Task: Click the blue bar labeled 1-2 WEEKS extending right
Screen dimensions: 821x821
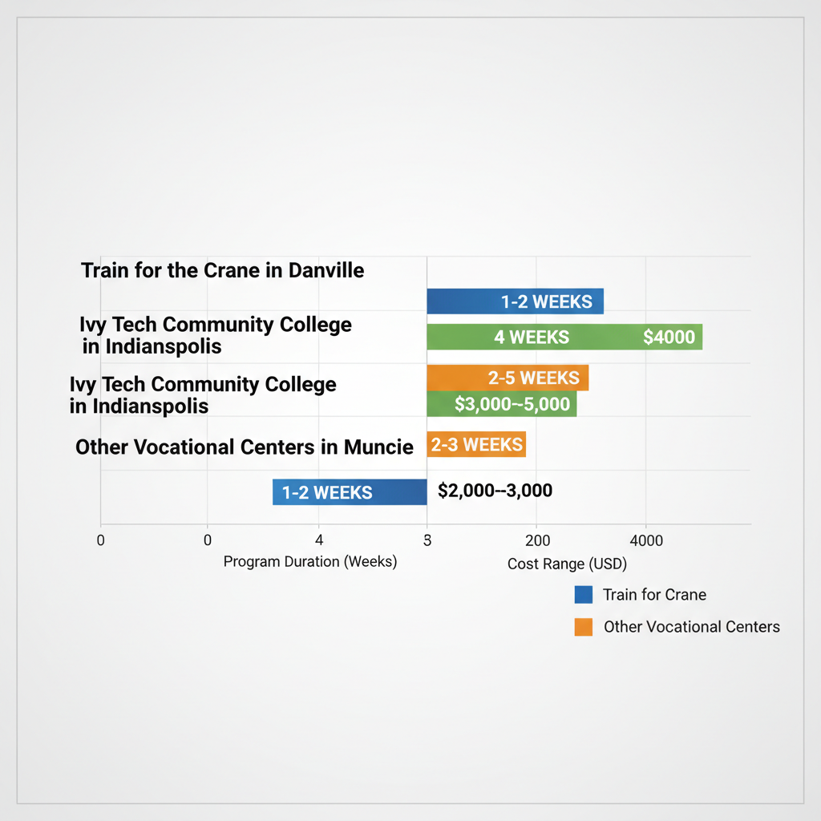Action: pos(515,301)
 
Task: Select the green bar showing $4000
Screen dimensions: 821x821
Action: pos(564,337)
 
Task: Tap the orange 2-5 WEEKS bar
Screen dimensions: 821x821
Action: pos(508,378)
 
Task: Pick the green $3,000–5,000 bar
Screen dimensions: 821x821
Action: pos(501,404)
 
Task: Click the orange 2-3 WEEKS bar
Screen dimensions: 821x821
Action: pos(476,444)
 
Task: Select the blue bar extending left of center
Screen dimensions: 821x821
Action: pos(350,492)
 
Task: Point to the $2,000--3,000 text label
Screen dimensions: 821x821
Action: pos(495,491)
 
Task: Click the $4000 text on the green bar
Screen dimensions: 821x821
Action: pos(669,338)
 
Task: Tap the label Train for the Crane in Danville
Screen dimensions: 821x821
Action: pos(222,270)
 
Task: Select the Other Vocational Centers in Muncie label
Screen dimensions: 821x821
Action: pos(244,447)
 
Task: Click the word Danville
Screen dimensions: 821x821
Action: pos(326,270)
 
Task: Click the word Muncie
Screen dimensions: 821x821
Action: pos(378,447)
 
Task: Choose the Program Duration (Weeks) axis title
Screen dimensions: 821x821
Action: pos(310,562)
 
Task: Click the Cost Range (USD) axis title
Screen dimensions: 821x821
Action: pos(567,564)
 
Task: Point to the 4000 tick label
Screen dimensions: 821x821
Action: pos(647,541)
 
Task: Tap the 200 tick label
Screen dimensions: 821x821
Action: pos(537,541)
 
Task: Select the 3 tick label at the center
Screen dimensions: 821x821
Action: pos(427,541)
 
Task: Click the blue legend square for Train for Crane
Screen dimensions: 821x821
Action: pos(584,595)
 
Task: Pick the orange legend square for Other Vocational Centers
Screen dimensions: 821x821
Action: pos(584,627)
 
